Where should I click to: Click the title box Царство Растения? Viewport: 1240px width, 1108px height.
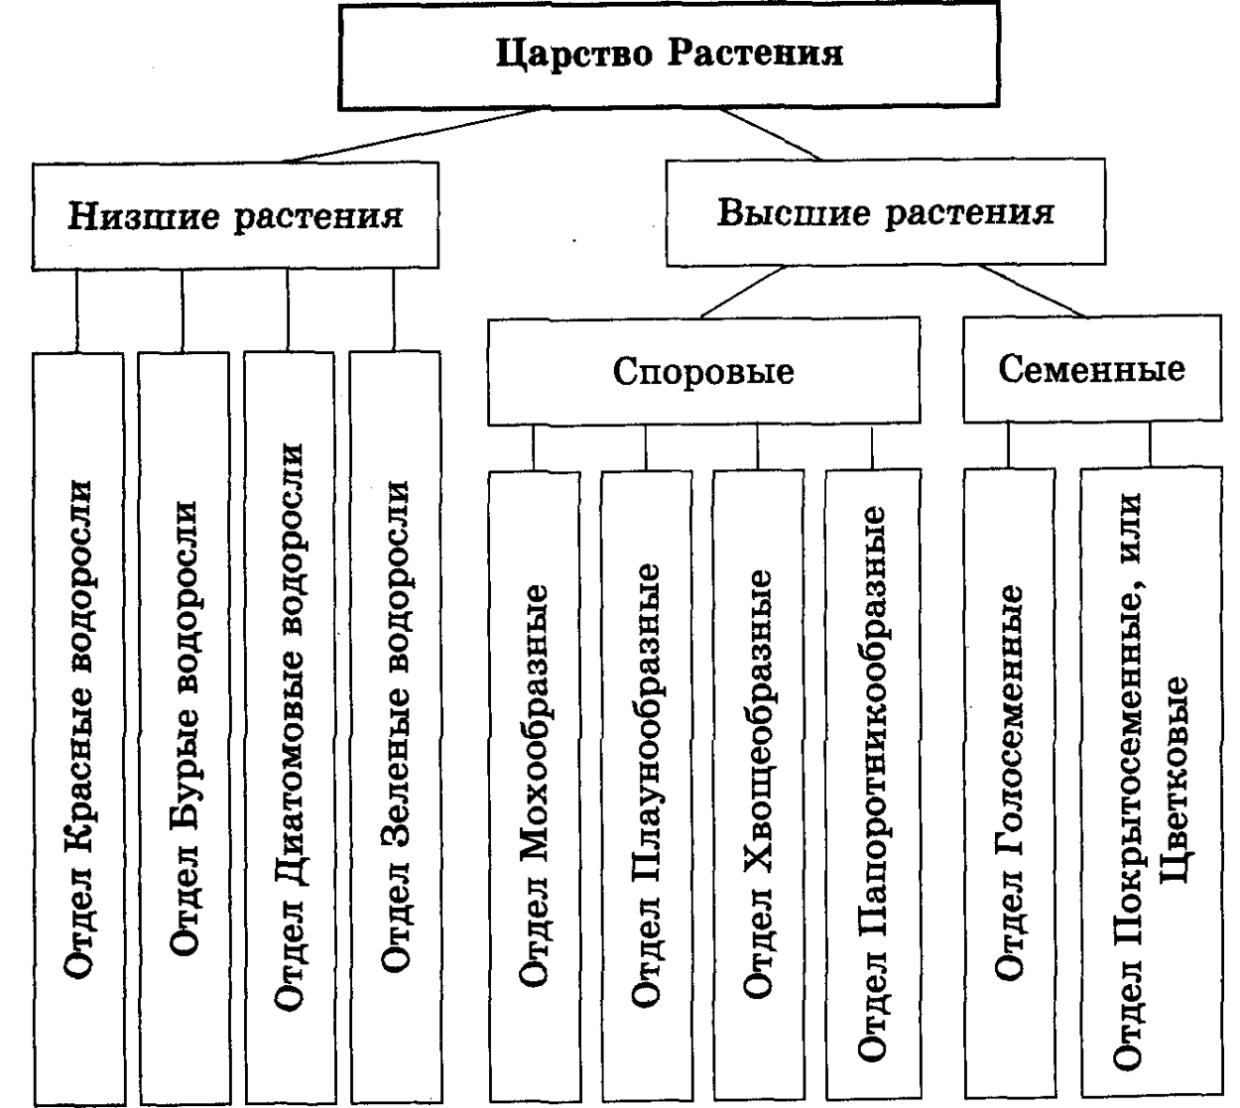670,54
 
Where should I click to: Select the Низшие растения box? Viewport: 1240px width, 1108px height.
235,215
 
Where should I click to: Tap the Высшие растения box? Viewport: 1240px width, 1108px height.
886,213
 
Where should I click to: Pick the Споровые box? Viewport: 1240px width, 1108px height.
703,371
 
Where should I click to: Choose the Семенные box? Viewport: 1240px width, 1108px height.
1091,369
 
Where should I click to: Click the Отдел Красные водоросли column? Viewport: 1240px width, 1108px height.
78,729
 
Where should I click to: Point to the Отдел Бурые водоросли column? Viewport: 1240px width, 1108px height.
185,729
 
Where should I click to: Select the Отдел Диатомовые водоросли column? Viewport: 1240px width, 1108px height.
289,729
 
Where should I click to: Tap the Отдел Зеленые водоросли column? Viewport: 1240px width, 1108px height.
395,729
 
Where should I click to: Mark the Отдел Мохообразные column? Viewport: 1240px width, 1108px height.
533,784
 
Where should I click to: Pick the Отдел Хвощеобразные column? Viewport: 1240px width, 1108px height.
757,784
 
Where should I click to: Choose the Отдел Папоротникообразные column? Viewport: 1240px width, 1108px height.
871,784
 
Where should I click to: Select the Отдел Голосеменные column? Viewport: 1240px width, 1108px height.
1008,784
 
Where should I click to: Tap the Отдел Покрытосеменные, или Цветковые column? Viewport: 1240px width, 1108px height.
1152,784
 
